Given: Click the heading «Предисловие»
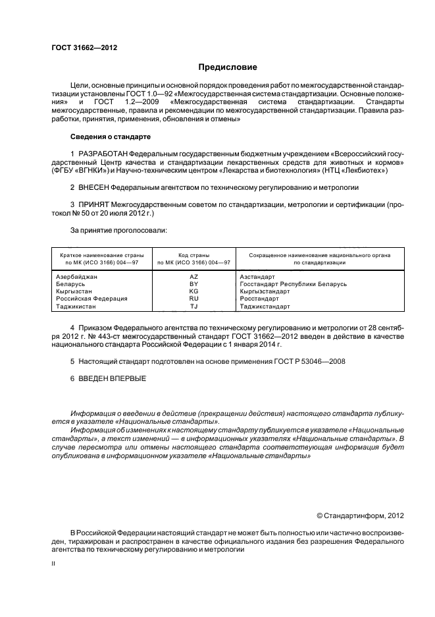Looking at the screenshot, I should pos(228,67).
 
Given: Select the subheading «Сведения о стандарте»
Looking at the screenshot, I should pos(111,136).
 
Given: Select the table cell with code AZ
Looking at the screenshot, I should pos(193,277).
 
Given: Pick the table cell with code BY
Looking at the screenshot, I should pos(193,284).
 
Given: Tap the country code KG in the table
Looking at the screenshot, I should pos(193,291).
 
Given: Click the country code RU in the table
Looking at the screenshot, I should pos(193,299).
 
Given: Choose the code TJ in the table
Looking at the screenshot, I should pos(193,306).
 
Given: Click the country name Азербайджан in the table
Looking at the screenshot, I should pos(77,277).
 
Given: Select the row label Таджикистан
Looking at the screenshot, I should pos(76,306).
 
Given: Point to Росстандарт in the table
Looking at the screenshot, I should pos(259,299).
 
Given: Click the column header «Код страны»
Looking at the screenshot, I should pos(193,254).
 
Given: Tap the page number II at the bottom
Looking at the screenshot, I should pos(54,565).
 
